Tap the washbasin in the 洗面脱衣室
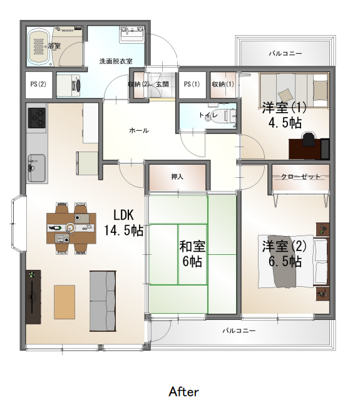[132, 34]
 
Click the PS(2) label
[38, 84]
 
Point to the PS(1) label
[192, 84]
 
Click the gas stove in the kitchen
[37, 118]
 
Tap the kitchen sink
[36, 168]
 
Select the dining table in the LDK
[71, 229]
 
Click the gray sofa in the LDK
[103, 301]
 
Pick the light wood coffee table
[64, 302]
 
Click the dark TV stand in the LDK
[33, 297]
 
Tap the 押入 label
[177, 177]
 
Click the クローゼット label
[301, 177]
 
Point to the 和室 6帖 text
[192, 254]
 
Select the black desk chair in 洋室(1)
[309, 140]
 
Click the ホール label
[139, 130]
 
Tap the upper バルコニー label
[285, 54]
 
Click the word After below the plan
[184, 392]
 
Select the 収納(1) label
[223, 84]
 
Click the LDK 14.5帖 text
[123, 223]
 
